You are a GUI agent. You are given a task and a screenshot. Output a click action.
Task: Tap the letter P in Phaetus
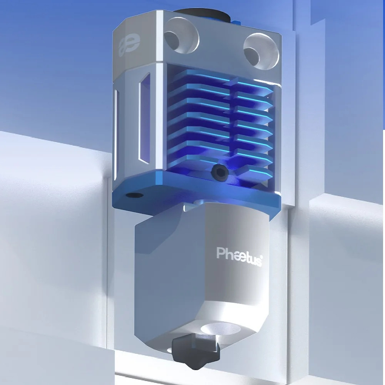point(220,253)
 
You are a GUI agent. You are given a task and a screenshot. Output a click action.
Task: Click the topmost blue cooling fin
point(208,75)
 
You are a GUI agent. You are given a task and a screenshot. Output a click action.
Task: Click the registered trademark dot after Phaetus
point(263,256)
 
